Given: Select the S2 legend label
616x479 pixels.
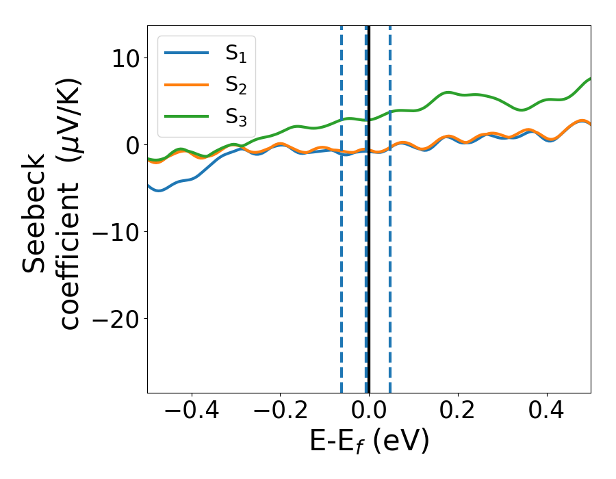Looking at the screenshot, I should pos(235,86).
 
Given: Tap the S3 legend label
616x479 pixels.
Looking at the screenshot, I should pos(235,117).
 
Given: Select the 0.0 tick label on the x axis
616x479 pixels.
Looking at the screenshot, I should pos(369,412).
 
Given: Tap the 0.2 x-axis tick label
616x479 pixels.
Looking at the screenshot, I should pos(458,412).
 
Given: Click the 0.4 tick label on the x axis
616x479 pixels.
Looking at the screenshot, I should pos(547,412).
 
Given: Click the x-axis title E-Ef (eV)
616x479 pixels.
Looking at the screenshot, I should pos(369,442).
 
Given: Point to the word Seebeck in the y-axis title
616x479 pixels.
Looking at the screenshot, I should pos(34,212).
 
